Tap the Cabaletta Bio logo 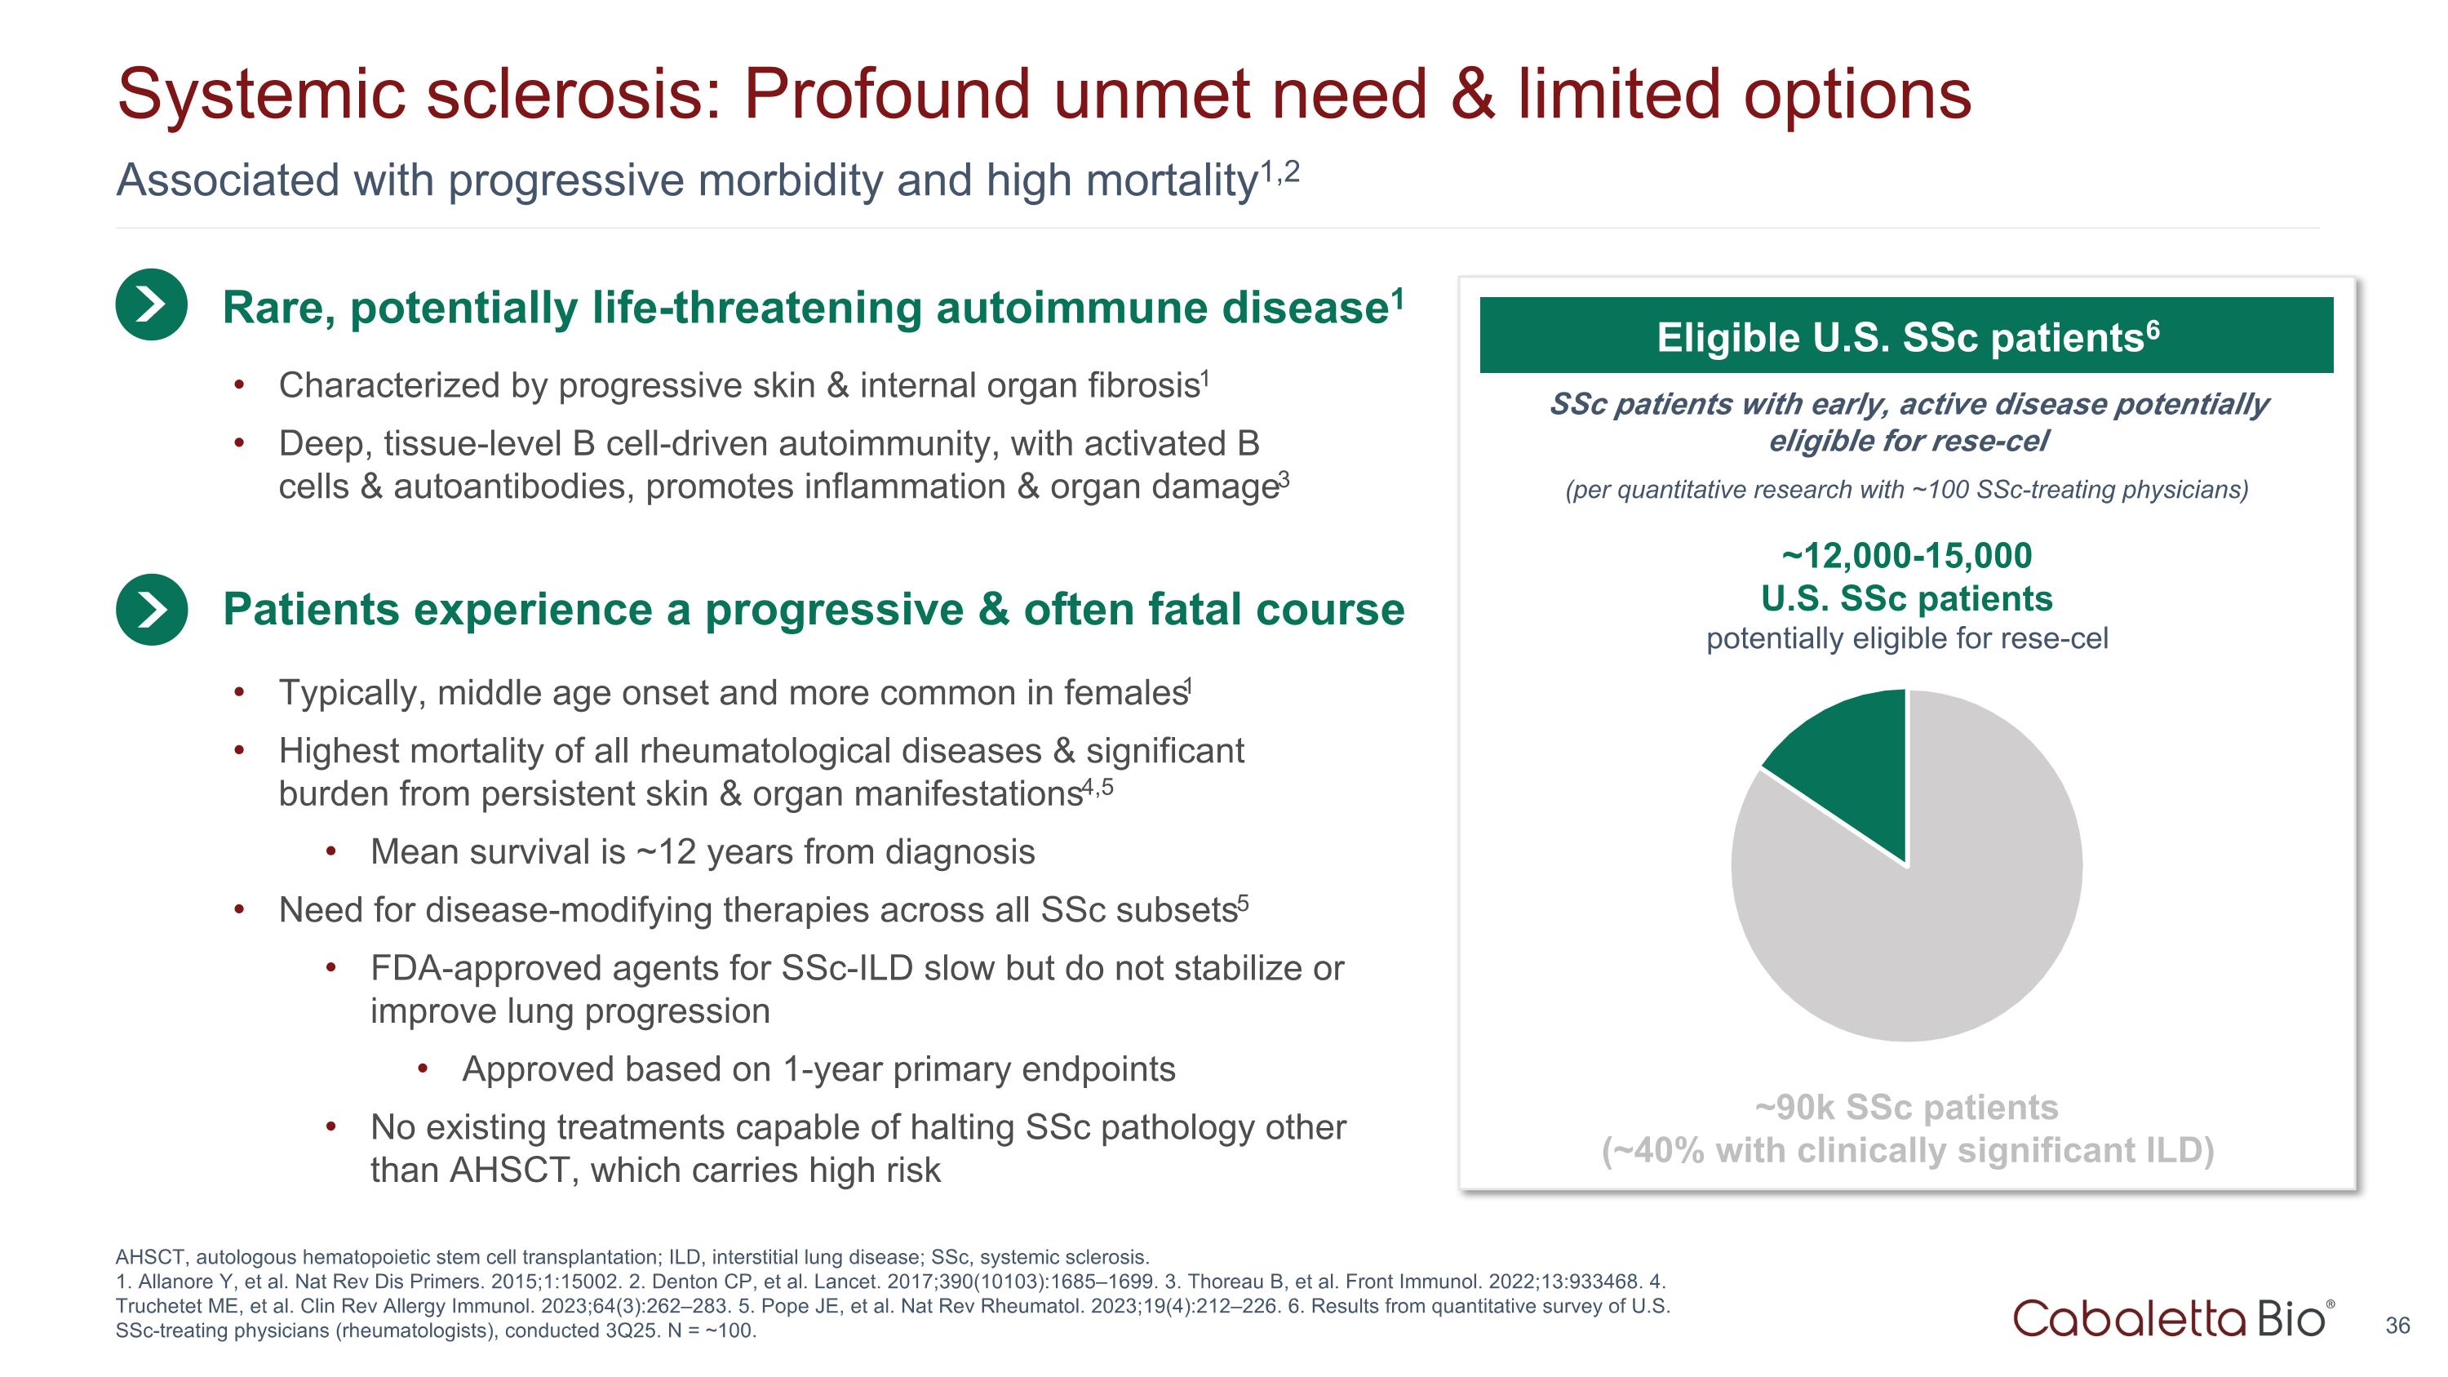coord(2171,1318)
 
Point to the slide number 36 coord(2397,1326)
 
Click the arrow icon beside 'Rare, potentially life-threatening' coord(151,305)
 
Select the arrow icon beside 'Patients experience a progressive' coord(151,609)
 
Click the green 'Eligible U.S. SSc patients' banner coord(1906,335)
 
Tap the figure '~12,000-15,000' coord(1906,556)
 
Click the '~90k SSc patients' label coord(1906,1107)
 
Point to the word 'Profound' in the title coord(885,95)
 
